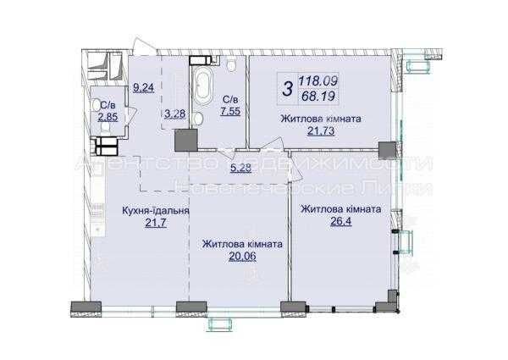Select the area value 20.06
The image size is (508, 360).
[241, 259]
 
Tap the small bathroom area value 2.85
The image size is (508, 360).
[108, 117]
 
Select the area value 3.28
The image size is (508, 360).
[174, 114]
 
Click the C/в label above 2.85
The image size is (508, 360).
[108, 104]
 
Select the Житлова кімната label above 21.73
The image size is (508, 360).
[321, 119]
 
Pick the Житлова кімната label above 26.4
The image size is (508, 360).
[342, 208]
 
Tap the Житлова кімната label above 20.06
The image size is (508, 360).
[241, 244]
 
